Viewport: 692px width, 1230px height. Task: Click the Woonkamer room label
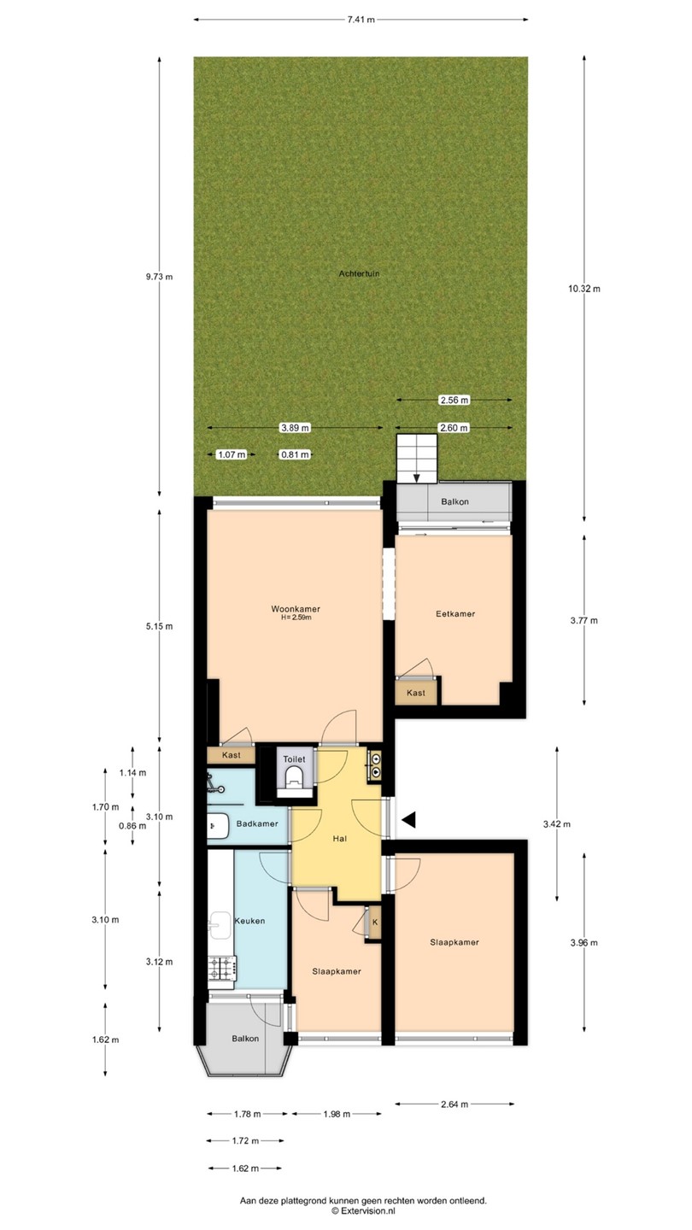click(x=296, y=609)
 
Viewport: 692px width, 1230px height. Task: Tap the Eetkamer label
click(x=455, y=614)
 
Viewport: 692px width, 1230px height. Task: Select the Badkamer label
click(x=257, y=823)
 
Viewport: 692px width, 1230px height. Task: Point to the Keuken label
click(x=249, y=921)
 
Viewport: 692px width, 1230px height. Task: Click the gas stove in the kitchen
click(x=222, y=969)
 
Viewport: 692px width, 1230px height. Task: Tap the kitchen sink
click(x=220, y=926)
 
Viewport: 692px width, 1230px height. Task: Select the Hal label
click(x=340, y=839)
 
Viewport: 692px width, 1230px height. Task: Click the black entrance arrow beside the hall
click(x=408, y=820)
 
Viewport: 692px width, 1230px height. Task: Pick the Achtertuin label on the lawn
click(x=359, y=273)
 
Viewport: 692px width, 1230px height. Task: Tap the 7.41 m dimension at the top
click(x=361, y=20)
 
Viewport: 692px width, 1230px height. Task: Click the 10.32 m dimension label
click(x=584, y=289)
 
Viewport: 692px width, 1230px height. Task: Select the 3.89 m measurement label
click(x=295, y=428)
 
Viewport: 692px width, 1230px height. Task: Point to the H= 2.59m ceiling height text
click(x=296, y=618)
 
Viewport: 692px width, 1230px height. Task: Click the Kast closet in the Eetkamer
click(x=416, y=693)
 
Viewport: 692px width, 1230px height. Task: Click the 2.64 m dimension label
click(x=454, y=1104)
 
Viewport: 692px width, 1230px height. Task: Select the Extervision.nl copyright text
click(x=363, y=1211)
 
